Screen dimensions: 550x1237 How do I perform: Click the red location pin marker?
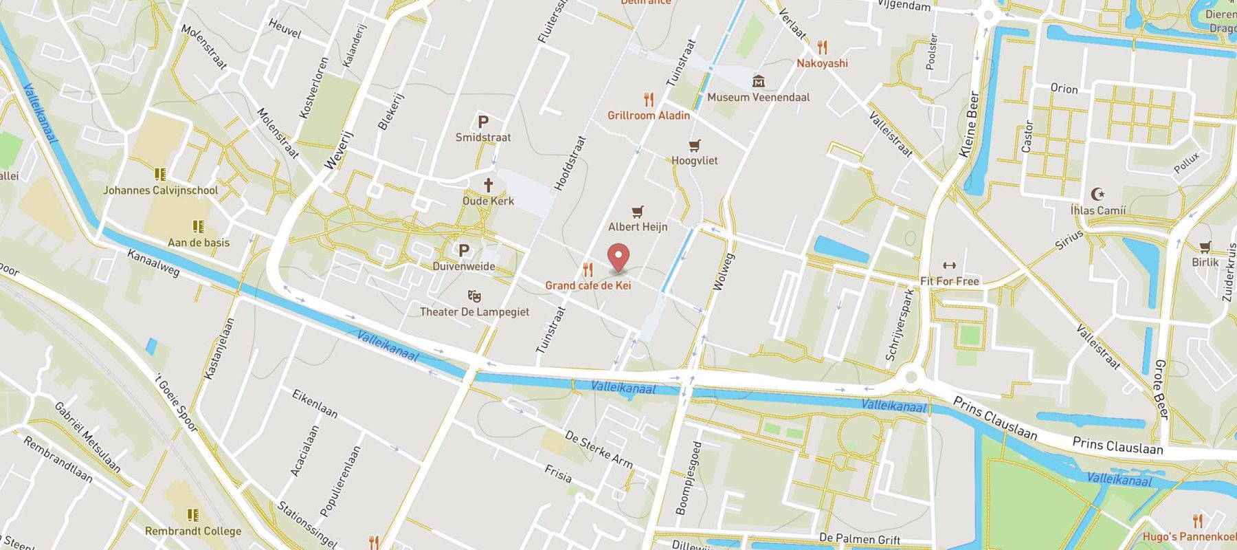click(x=620, y=256)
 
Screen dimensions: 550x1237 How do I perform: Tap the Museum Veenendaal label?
click(x=758, y=97)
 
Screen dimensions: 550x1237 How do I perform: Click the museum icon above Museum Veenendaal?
click(x=759, y=82)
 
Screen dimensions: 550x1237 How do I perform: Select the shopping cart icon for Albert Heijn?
click(x=638, y=212)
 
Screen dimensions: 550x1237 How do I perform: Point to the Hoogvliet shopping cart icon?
click(x=695, y=145)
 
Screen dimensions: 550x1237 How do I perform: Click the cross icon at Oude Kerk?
click(x=489, y=184)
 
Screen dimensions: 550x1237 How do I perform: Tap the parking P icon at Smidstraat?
click(x=483, y=122)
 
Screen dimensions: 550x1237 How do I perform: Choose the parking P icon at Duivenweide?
click(x=464, y=251)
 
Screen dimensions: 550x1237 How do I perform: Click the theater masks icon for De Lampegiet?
click(x=474, y=296)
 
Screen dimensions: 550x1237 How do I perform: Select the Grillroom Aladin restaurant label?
click(x=648, y=115)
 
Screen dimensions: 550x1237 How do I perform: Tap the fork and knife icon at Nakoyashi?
click(x=823, y=47)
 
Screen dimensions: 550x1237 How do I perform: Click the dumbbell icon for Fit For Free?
click(x=949, y=266)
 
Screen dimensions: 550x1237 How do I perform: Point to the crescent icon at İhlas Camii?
click(x=1097, y=195)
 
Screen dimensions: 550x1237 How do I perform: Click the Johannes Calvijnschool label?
click(x=160, y=190)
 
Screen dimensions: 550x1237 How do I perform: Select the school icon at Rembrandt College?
click(x=193, y=515)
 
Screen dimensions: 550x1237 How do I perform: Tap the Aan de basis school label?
click(x=199, y=242)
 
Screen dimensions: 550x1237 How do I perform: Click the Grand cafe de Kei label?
click(x=588, y=285)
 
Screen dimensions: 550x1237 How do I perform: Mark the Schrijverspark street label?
click(x=900, y=324)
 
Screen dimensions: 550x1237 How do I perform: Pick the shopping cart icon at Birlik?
click(x=1205, y=247)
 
